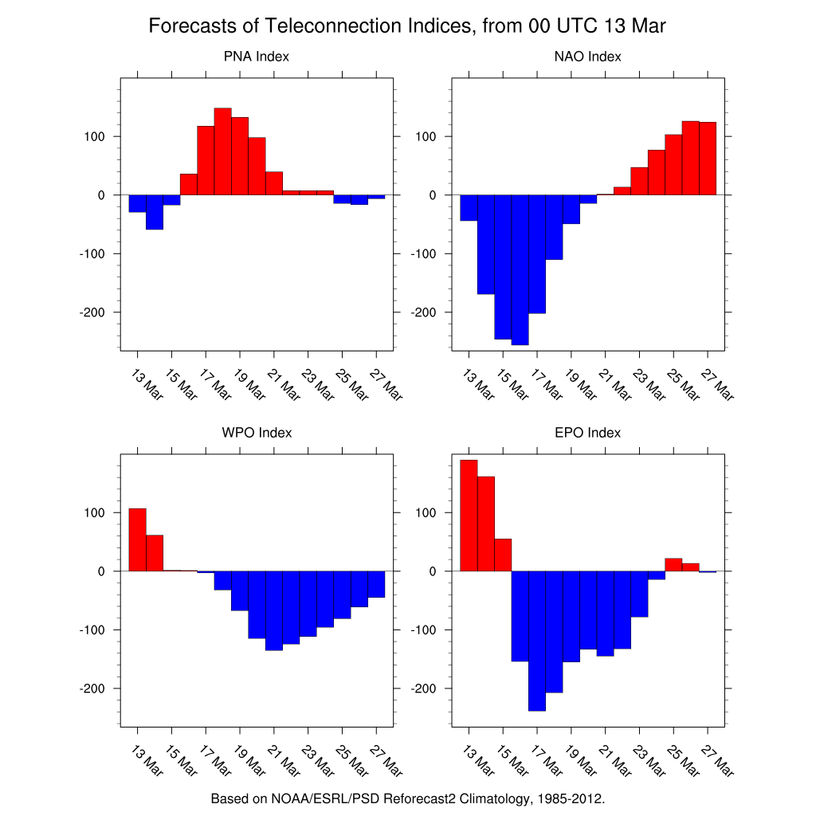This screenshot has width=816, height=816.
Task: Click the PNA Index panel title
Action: (256, 57)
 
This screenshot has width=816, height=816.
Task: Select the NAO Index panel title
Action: (587, 57)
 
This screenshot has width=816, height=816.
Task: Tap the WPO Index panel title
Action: (257, 433)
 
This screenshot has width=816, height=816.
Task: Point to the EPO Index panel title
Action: (587, 433)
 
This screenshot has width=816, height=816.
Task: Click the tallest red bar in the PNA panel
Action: (223, 151)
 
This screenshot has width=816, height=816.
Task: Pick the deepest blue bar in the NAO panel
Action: (520, 270)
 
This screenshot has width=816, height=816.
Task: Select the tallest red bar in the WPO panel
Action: (137, 539)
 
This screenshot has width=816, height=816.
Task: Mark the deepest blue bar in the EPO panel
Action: (537, 641)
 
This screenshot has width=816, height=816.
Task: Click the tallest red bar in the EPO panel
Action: (469, 516)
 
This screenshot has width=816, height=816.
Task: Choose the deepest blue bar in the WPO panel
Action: (274, 611)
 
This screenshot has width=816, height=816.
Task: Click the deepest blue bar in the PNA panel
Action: (155, 212)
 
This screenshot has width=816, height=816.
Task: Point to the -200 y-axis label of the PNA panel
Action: (92, 312)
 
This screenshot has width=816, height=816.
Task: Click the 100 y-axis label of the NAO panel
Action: (426, 137)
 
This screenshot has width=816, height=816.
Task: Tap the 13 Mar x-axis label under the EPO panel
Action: (478, 761)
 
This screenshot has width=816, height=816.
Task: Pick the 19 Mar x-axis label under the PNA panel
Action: (249, 385)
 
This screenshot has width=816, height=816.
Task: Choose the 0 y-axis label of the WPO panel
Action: (101, 571)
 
